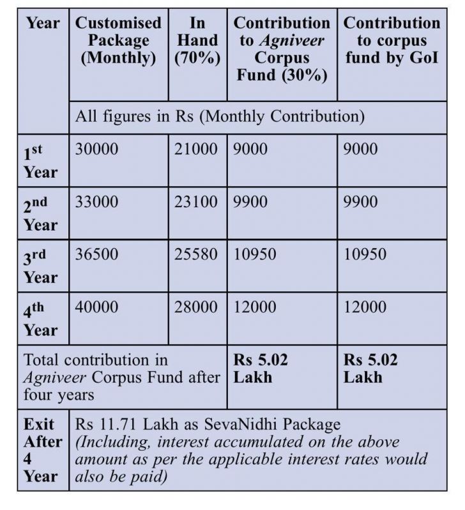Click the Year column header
click(x=43, y=24)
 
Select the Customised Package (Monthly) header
click(x=119, y=41)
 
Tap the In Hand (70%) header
click(x=197, y=41)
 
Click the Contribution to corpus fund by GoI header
click(x=392, y=41)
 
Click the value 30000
click(x=96, y=149)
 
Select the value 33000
click(x=96, y=202)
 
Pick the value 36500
click(x=96, y=254)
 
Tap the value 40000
click(x=96, y=307)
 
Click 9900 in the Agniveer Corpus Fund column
click(x=251, y=202)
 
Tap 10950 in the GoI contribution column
click(x=365, y=254)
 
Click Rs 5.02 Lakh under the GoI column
click(x=370, y=368)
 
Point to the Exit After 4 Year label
click(x=43, y=450)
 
